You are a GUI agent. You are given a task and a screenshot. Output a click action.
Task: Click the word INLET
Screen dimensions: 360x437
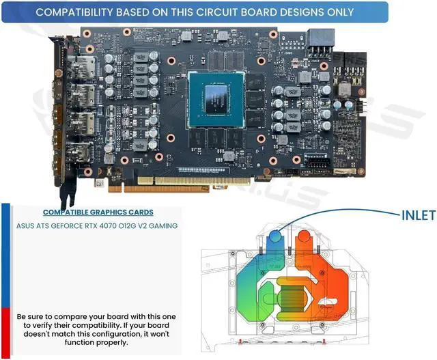tap(418, 216)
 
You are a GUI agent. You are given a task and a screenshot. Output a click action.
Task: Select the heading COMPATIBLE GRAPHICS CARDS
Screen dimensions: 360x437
tap(98, 212)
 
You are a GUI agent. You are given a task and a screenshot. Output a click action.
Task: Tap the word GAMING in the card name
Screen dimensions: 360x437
tap(161, 226)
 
